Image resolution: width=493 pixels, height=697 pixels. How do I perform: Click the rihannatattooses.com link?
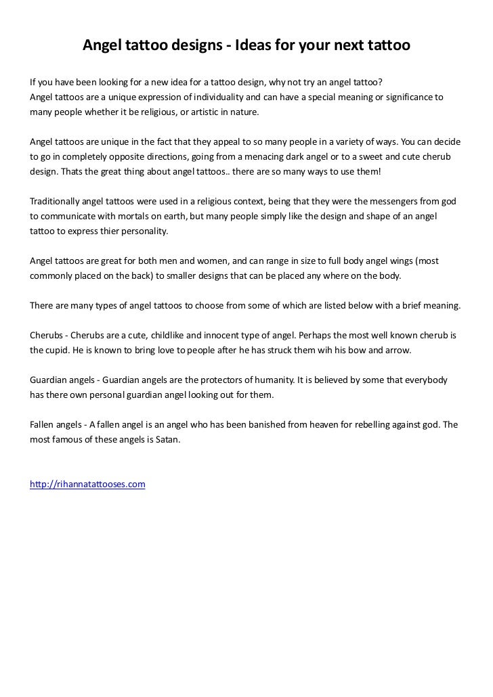point(88,485)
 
